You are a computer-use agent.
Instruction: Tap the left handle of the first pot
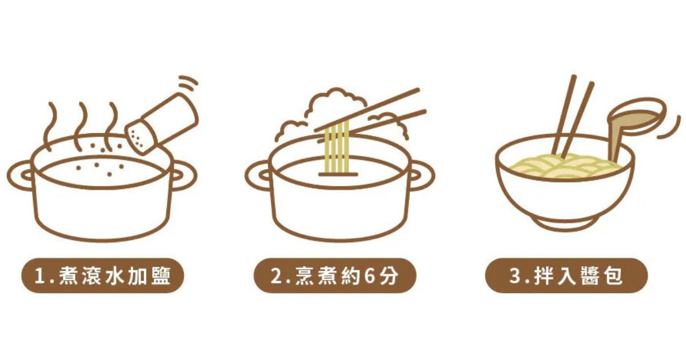pyautogui.click(x=19, y=175)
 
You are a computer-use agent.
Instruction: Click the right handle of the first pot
pyautogui.click(x=184, y=175)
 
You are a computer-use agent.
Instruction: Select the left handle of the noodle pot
pyautogui.click(x=257, y=175)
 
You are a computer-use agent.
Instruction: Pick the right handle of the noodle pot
pyautogui.click(x=421, y=175)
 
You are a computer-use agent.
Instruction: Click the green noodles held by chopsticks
pyautogui.click(x=337, y=147)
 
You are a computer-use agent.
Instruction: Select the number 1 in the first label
pyautogui.click(x=39, y=276)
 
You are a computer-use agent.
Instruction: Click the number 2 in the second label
pyautogui.click(x=277, y=276)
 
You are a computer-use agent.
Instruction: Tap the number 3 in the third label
pyautogui.click(x=516, y=276)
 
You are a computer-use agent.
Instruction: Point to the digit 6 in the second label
pyautogui.click(x=370, y=276)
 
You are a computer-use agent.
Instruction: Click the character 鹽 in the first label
pyautogui.click(x=161, y=276)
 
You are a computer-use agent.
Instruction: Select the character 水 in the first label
pyautogui.click(x=115, y=276)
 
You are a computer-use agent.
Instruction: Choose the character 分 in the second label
pyautogui.click(x=389, y=276)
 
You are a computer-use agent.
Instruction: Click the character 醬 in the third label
pyautogui.click(x=589, y=276)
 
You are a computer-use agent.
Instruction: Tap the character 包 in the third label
pyautogui.click(x=612, y=276)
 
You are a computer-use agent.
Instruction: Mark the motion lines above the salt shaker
pyautogui.click(x=188, y=83)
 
